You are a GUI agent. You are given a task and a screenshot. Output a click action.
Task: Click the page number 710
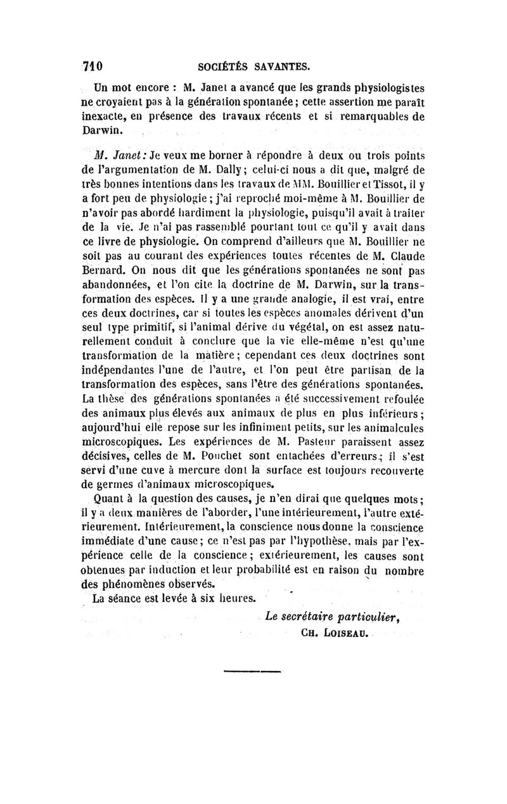93,65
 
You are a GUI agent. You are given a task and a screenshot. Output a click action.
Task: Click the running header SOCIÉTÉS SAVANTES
253,65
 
